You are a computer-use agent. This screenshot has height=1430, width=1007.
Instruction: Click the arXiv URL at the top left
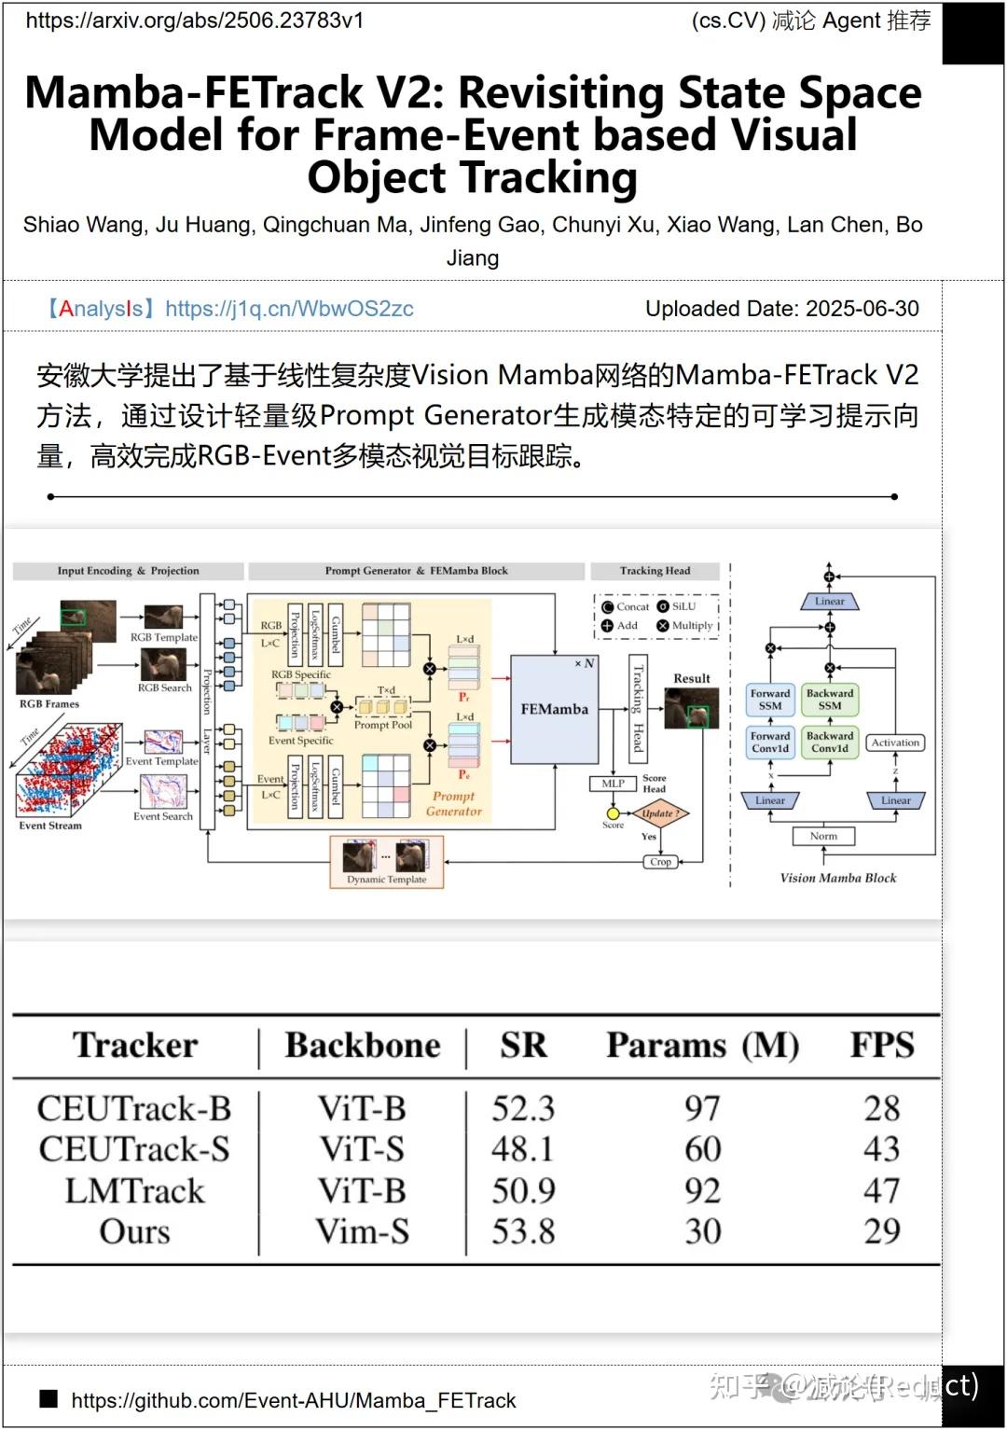pos(194,21)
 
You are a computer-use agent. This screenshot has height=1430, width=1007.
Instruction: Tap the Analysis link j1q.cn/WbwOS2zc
pos(289,309)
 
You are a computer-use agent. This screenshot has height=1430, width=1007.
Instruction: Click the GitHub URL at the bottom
pos(293,1400)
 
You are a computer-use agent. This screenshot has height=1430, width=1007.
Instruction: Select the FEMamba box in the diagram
pos(554,709)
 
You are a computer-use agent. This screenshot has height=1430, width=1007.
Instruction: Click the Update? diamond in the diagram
pos(660,813)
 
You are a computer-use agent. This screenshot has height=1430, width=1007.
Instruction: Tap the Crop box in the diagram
pos(660,862)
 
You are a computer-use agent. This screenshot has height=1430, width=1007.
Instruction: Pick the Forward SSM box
pos(770,700)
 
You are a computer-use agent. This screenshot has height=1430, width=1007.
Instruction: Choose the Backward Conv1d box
pos(830,743)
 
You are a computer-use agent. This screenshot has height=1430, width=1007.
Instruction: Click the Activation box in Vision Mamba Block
pos(895,743)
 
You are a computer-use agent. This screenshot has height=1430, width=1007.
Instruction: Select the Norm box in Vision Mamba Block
pos(823,836)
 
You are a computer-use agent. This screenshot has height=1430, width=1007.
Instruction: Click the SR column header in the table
pos(523,1045)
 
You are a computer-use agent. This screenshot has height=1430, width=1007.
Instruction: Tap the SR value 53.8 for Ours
pos(523,1231)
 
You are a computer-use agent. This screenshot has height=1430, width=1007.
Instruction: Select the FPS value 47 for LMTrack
pos(881,1190)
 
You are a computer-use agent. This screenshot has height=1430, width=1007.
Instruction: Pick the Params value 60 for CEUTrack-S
pos(702,1149)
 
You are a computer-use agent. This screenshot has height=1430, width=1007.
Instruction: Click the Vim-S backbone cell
pos(362,1231)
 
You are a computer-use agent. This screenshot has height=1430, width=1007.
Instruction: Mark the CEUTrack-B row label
pos(134,1108)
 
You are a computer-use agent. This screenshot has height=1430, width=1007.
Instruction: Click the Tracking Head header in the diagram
pos(655,571)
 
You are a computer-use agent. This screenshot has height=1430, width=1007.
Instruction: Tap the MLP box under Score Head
pos(613,784)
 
